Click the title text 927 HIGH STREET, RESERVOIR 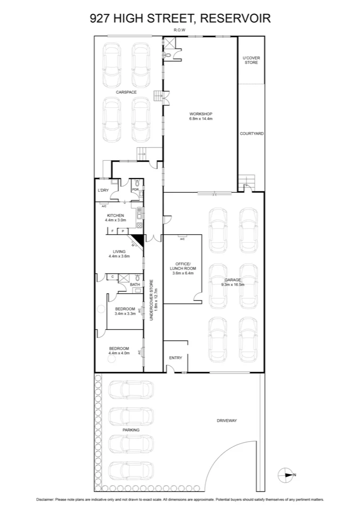(180, 18)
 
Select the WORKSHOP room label (201, 114)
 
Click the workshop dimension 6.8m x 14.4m (201, 119)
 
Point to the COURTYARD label (251, 134)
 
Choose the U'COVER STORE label (251, 60)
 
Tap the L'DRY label (103, 190)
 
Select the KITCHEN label (115, 215)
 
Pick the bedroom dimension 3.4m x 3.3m (125, 313)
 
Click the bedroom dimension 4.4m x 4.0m (118, 353)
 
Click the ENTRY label (175, 358)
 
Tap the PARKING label (131, 430)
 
